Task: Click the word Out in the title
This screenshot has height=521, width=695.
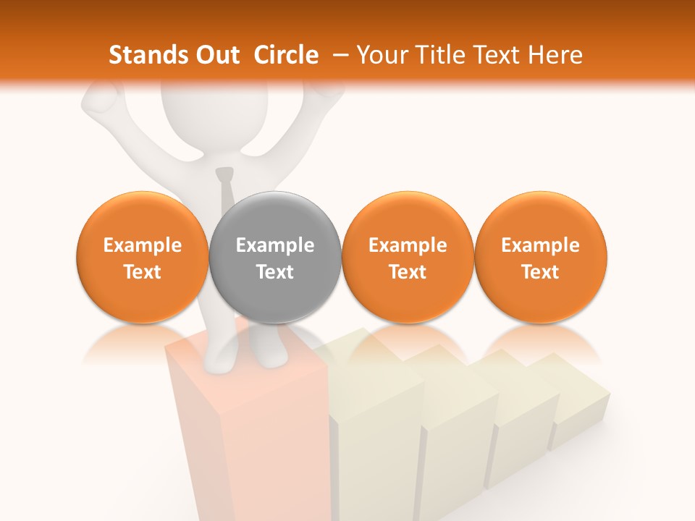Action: pyautogui.click(x=218, y=55)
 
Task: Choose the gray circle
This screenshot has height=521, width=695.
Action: pyautogui.click(x=275, y=258)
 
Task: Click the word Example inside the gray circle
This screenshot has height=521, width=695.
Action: pyautogui.click(x=275, y=245)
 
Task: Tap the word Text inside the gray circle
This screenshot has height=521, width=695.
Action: pyautogui.click(x=275, y=272)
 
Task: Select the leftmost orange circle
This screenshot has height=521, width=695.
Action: pyautogui.click(x=143, y=258)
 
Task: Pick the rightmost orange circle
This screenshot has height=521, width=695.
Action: pyautogui.click(x=541, y=258)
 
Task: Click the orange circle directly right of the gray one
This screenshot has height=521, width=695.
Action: pyautogui.click(x=408, y=258)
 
